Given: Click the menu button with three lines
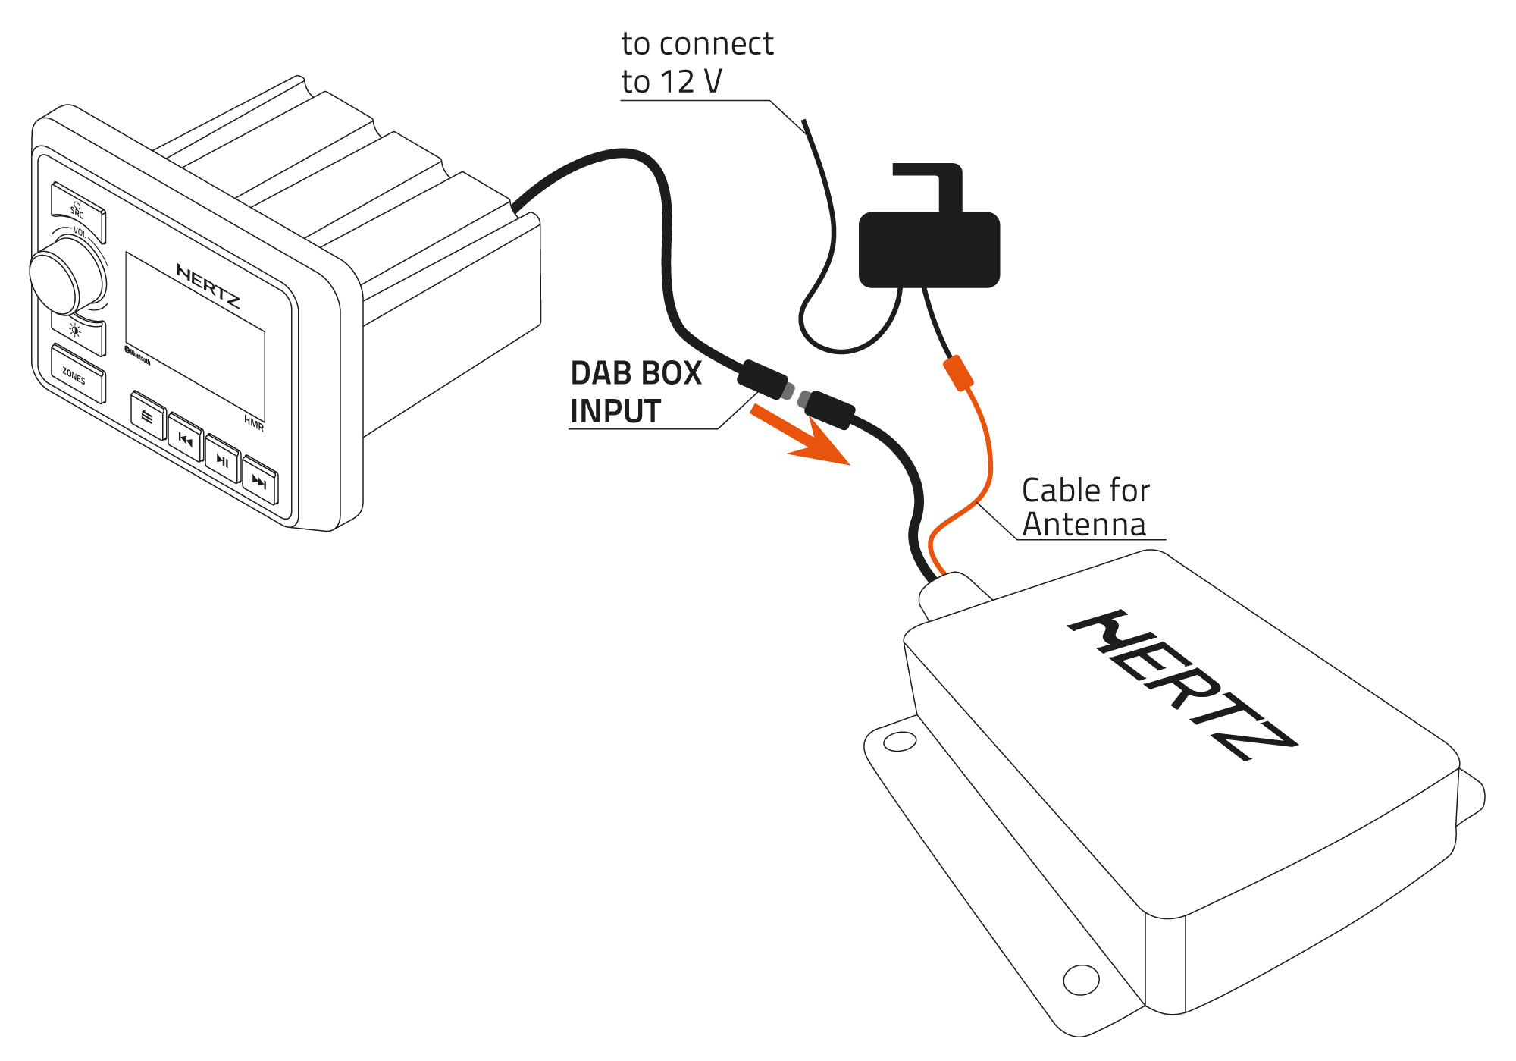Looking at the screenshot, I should click(148, 416).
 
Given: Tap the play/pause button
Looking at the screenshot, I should click(223, 460).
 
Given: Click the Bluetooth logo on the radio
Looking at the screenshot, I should click(137, 355).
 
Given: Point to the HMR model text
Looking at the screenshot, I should click(254, 423).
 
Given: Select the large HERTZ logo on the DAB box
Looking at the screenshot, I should click(1182, 683).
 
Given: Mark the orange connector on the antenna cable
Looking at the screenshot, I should click(958, 373).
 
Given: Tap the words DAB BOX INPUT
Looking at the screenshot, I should click(635, 392).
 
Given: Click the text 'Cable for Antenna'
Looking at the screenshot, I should click(1085, 507).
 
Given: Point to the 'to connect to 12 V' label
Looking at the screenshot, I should click(696, 63).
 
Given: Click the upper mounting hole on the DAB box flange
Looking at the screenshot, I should click(900, 741).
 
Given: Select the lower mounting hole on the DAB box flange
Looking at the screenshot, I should click(1081, 979).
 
